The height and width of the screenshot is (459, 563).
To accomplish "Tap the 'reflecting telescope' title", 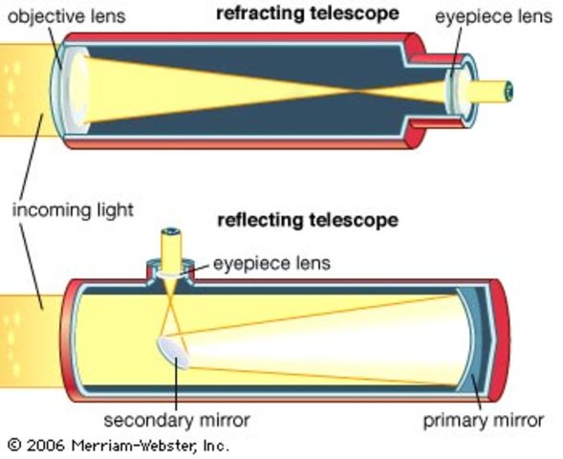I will [307, 220].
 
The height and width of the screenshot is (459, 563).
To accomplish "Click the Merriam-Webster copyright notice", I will [118, 446].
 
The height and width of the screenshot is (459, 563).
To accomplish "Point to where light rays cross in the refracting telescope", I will [359, 92].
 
